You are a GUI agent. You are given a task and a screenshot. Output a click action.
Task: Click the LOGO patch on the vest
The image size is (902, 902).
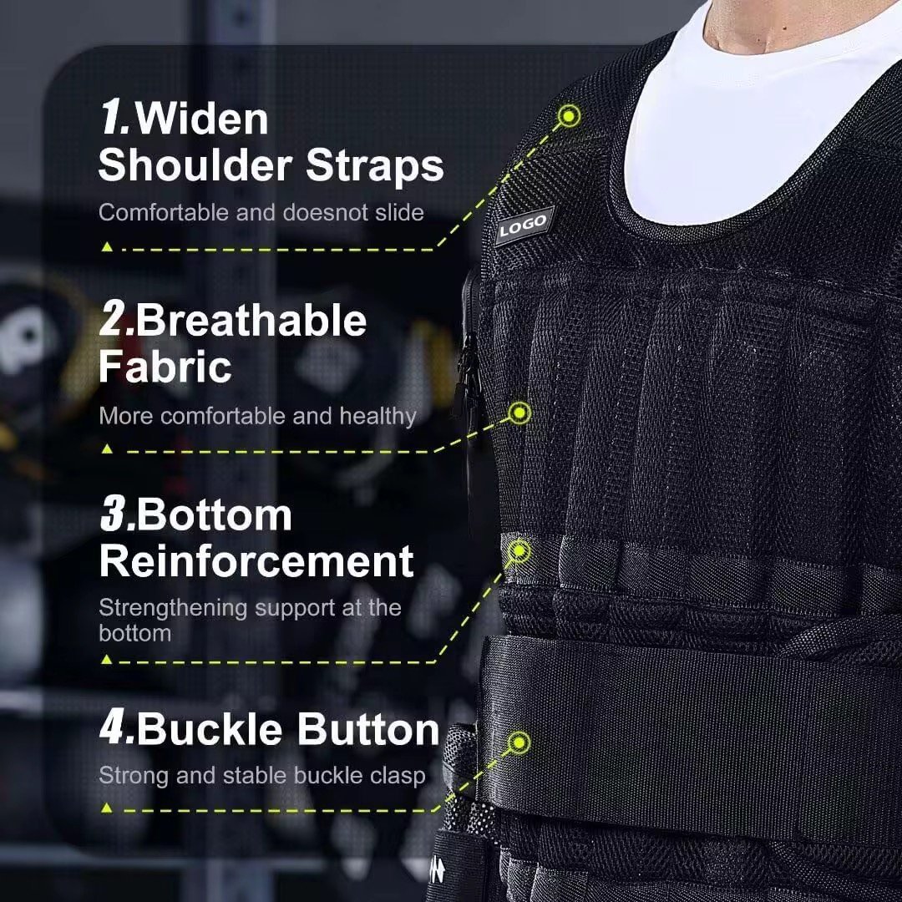coord(524,225)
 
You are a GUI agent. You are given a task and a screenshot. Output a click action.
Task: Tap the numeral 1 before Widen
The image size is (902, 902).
coord(114,119)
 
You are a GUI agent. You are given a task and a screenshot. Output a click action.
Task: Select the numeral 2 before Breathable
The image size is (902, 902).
coord(114,321)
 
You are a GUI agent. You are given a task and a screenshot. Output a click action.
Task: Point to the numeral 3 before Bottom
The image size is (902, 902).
coord(115,515)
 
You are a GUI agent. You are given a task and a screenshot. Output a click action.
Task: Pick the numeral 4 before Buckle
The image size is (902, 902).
coord(115,728)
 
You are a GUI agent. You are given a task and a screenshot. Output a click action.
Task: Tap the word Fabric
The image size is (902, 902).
coord(165,367)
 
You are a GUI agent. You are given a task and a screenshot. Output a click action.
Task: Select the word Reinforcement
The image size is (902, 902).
coord(256,561)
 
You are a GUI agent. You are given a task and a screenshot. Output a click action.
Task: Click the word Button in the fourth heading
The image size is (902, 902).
coord(368,729)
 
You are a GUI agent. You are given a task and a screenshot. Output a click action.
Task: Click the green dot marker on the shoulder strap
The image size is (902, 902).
coord(570,115)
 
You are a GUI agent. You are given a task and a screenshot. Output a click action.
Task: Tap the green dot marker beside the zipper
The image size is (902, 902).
coord(520,412)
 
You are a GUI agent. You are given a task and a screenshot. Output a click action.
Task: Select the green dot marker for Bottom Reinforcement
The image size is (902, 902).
coord(519,550)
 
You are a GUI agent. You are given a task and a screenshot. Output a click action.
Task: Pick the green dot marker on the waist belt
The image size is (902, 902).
coord(519,742)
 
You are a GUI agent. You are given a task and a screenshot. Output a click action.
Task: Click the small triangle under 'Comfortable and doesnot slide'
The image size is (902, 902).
coord(107,247)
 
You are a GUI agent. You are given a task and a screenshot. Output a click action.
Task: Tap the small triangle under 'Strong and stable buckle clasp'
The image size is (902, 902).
coord(107,808)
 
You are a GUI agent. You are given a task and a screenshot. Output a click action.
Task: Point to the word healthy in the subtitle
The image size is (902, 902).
coord(378,416)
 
